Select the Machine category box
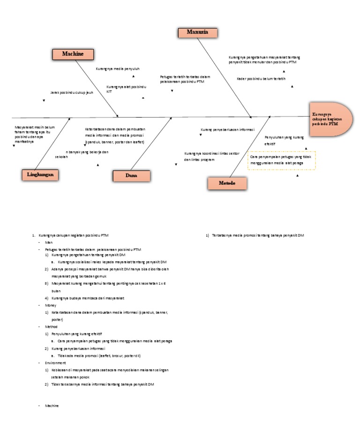coord(73,54)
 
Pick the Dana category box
coord(132,176)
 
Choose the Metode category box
coord(227,183)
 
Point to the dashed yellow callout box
coord(282,160)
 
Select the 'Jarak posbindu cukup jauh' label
coord(72,93)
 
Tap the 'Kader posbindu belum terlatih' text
coord(261,79)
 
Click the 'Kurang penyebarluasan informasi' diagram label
coord(227,129)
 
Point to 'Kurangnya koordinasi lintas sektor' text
coord(211,154)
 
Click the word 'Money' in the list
coord(50,305)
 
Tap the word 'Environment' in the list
coord(55,363)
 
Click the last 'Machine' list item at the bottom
coord(52,406)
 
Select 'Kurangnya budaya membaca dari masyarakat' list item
coord(88,298)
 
